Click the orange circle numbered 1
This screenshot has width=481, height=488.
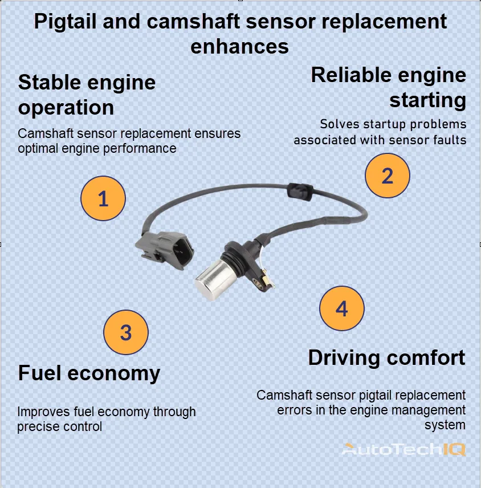click(103, 199)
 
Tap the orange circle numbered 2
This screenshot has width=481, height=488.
click(387, 176)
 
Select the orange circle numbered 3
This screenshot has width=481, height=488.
click(126, 332)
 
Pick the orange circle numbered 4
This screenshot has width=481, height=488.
click(341, 308)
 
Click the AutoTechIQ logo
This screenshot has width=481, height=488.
click(403, 449)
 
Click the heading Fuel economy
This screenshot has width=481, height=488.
click(89, 373)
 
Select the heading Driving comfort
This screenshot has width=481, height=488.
click(386, 358)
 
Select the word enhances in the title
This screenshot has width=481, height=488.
click(239, 46)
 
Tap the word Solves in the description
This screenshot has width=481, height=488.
click(339, 124)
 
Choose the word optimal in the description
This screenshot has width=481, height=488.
click(39, 149)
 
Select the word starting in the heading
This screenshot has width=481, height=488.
click(427, 101)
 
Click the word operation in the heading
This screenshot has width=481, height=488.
click(66, 108)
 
